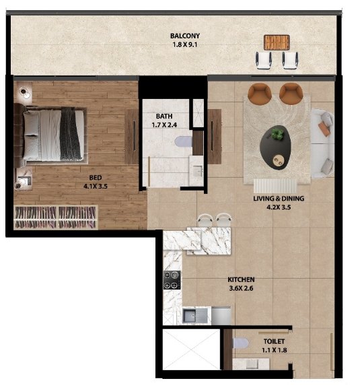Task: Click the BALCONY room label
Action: click(x=185, y=36)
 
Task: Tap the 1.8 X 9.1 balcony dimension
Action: click(x=185, y=44)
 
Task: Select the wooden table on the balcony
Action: click(x=277, y=42)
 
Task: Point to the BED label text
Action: click(x=96, y=178)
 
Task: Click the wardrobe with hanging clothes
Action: click(x=56, y=217)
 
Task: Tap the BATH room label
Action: click(x=164, y=116)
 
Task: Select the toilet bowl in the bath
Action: click(x=184, y=141)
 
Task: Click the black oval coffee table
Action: click(x=275, y=147)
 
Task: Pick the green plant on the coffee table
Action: click(x=277, y=135)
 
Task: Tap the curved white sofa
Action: click(x=322, y=143)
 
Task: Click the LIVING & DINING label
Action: click(x=279, y=199)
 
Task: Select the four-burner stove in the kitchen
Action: click(x=172, y=280)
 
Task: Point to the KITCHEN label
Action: click(x=241, y=279)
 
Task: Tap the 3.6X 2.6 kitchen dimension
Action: click(x=241, y=288)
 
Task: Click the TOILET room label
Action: click(x=274, y=341)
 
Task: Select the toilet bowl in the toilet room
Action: click(x=241, y=343)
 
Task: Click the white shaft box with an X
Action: click(x=191, y=349)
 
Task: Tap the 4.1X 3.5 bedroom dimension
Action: click(x=96, y=186)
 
